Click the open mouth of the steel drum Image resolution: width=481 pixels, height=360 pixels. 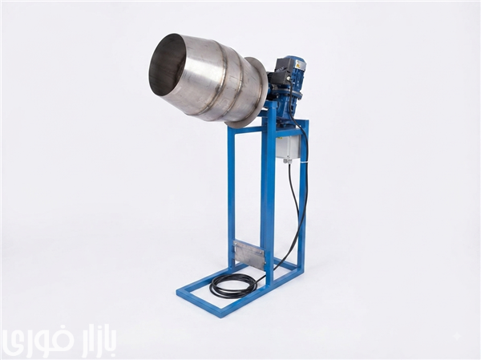pos(168,63)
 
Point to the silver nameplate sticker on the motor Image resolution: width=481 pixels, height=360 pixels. pos(299,64)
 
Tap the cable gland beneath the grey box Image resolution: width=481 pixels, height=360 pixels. pos(286,160)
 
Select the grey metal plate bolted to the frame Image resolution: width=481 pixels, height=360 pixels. pos(249,254)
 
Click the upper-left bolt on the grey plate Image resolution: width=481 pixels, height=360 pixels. pos(236,244)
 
